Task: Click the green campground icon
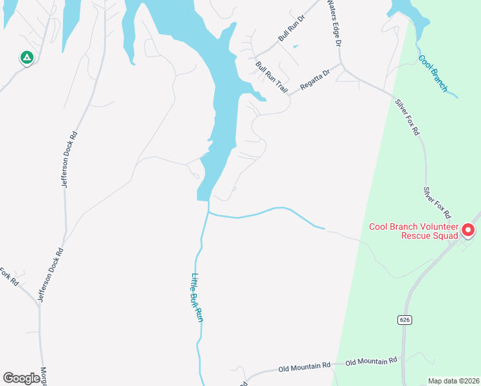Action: tap(26, 58)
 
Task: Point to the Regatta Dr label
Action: tap(314, 77)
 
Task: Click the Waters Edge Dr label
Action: tap(333, 23)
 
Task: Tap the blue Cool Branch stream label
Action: tap(432, 73)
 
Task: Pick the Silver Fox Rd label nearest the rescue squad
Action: tap(437, 202)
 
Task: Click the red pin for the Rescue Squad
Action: tap(468, 229)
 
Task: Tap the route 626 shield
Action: tap(404, 320)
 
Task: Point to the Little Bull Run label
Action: tap(197, 297)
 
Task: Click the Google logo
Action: tap(21, 378)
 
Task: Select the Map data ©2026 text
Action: tap(453, 380)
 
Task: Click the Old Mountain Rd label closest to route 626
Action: tap(371, 362)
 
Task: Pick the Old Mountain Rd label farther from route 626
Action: tap(304, 367)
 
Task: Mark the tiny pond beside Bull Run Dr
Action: tap(295, 46)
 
